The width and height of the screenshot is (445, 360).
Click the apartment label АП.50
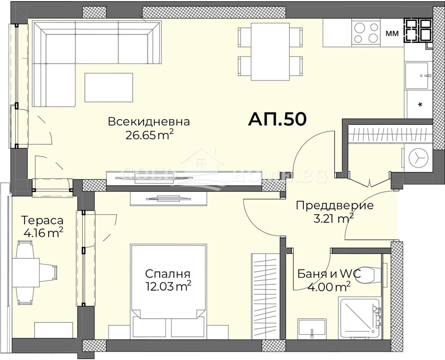[277, 119]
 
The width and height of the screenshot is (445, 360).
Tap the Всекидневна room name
[149, 122]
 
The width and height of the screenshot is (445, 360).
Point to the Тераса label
[42, 220]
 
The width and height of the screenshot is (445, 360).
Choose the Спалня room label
[167, 274]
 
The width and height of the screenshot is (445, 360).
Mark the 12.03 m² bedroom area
[168, 287]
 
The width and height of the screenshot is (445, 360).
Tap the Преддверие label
[334, 206]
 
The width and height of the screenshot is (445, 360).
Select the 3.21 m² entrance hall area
[333, 219]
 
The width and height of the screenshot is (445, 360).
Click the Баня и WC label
[329, 274]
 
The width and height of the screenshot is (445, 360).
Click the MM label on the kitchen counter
[392, 34]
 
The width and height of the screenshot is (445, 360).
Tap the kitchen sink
[417, 76]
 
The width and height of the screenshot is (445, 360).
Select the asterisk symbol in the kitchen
[419, 105]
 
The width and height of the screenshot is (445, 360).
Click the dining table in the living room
[270, 52]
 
